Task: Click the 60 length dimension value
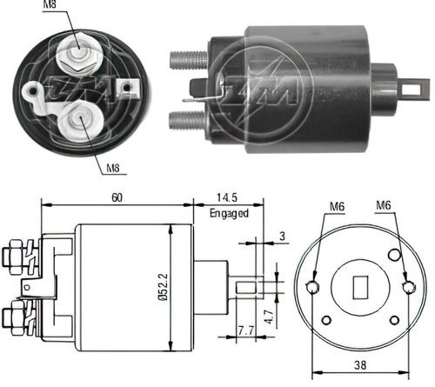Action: pos(117,197)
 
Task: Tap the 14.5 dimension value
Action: pos(227,197)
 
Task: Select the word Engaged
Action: pos(229,213)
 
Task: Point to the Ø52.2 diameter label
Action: pos(164,287)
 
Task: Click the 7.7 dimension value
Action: pos(246,330)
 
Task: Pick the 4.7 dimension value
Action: pos(269,317)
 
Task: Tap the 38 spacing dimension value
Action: pos(360,365)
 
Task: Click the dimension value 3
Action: pos(282,236)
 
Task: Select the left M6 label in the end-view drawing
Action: pos(337,206)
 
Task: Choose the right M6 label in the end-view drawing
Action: pos(384,205)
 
